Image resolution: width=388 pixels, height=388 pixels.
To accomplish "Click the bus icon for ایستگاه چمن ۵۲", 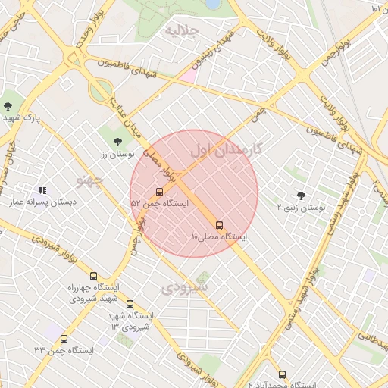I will [x=159, y=192].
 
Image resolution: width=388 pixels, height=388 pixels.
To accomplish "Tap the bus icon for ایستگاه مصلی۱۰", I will [x=220, y=225].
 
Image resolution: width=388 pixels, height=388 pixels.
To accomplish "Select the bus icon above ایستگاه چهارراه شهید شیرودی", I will [x=93, y=276].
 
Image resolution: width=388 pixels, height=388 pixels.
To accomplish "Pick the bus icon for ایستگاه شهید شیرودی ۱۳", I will [x=130, y=304].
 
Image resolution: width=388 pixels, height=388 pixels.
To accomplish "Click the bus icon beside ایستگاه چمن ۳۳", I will [x=64, y=339].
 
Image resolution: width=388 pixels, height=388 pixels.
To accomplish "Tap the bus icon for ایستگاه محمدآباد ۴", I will [x=282, y=374].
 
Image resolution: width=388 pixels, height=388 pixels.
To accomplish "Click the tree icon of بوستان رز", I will [x=117, y=141].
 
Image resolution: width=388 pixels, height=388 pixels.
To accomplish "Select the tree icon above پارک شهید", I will [x=8, y=105].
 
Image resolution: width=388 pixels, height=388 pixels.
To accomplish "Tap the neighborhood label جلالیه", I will [x=182, y=31].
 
